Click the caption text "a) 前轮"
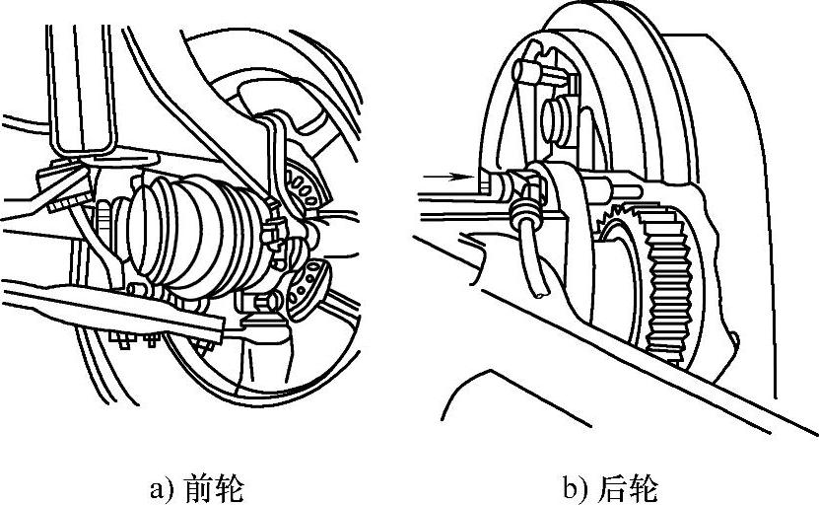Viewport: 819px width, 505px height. [x=192, y=487]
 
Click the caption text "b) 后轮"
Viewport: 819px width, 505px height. [x=610, y=487]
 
